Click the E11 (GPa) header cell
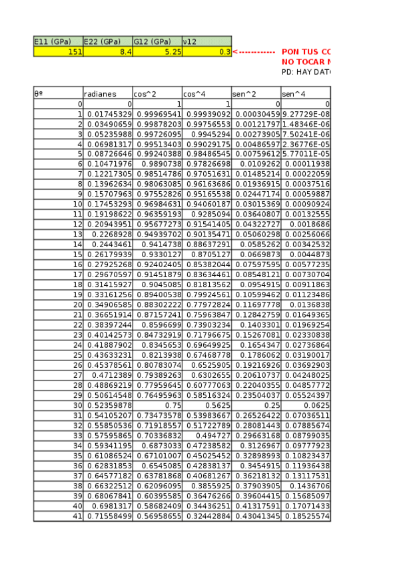58,41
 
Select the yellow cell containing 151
58,51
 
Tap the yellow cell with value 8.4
107,51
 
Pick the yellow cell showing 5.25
157,51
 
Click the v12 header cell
206,41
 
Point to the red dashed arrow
254,51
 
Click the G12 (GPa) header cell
157,41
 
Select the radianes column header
107,94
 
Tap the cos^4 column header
206,94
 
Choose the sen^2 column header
256,94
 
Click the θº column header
58,94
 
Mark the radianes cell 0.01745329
107,115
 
